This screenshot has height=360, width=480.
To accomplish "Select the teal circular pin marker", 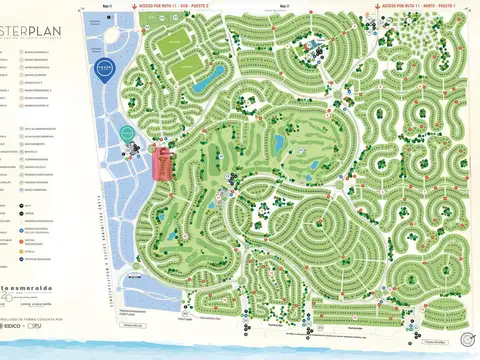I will point(127,134).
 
